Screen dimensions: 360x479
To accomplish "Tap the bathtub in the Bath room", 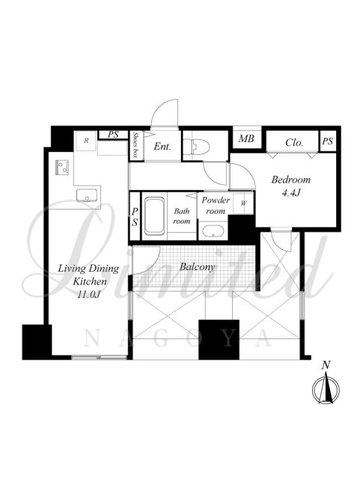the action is pyautogui.click(x=154, y=216).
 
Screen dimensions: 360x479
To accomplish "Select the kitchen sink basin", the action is pyautogui.click(x=87, y=195).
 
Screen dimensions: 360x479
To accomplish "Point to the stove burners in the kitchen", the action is pyautogui.click(x=61, y=168).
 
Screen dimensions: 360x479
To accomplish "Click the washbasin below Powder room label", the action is pyautogui.click(x=213, y=231).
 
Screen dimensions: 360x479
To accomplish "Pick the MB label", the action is pyautogui.click(x=246, y=139).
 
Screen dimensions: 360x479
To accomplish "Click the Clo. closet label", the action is pyautogui.click(x=294, y=142).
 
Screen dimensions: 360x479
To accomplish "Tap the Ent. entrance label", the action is pyautogui.click(x=162, y=147).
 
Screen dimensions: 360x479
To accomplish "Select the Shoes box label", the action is pyautogui.click(x=135, y=144).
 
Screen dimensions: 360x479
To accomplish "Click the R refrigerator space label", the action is pyautogui.click(x=86, y=141).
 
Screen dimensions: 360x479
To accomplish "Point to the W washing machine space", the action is pyautogui.click(x=243, y=204).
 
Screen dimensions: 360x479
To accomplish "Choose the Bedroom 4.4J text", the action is pyautogui.click(x=290, y=186).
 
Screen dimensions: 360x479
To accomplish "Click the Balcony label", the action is pyautogui.click(x=197, y=266).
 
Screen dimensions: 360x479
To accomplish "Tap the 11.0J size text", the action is pyautogui.click(x=89, y=294).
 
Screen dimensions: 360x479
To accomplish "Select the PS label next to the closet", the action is pyautogui.click(x=328, y=141).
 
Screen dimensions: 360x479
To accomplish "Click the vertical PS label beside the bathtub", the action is pyautogui.click(x=135, y=216).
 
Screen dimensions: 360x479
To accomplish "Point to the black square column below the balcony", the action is pyautogui.click(x=219, y=339).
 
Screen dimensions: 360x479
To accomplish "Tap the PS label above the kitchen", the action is pyautogui.click(x=113, y=135).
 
